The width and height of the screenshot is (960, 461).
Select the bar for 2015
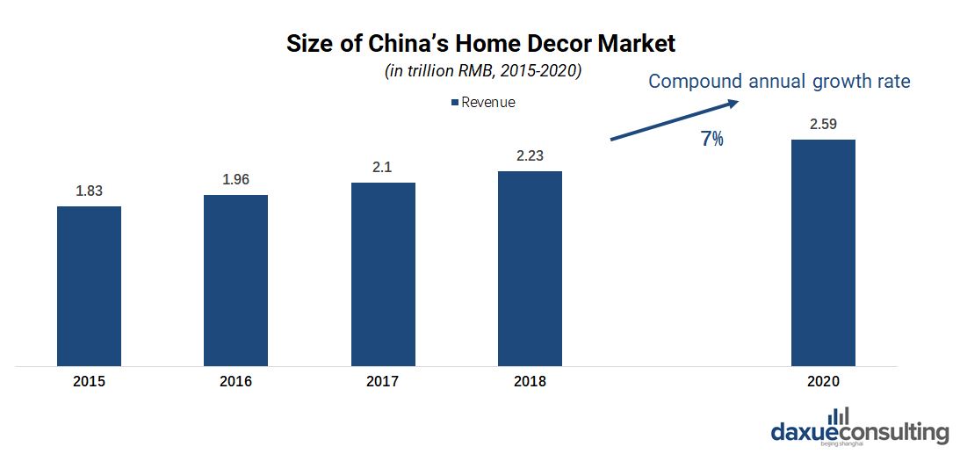point(89,285)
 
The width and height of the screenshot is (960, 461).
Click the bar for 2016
point(235,279)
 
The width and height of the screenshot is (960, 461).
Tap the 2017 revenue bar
point(383,273)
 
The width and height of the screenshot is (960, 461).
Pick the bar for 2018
point(530,268)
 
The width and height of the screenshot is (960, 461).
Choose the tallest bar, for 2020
point(823,252)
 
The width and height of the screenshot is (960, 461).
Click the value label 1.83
point(89,191)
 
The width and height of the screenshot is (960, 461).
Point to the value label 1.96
point(235,179)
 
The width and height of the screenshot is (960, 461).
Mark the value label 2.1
point(383,167)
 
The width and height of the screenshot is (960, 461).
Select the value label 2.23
point(530,155)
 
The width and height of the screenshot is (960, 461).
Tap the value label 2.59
point(823,124)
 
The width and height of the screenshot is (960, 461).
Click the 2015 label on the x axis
point(89,382)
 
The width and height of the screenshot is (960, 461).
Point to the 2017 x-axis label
point(383,382)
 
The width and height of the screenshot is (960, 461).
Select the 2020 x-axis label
point(823,382)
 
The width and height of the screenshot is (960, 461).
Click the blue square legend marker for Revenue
point(455,103)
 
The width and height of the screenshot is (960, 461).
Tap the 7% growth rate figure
point(712,139)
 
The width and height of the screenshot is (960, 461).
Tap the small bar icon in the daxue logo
point(841,414)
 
